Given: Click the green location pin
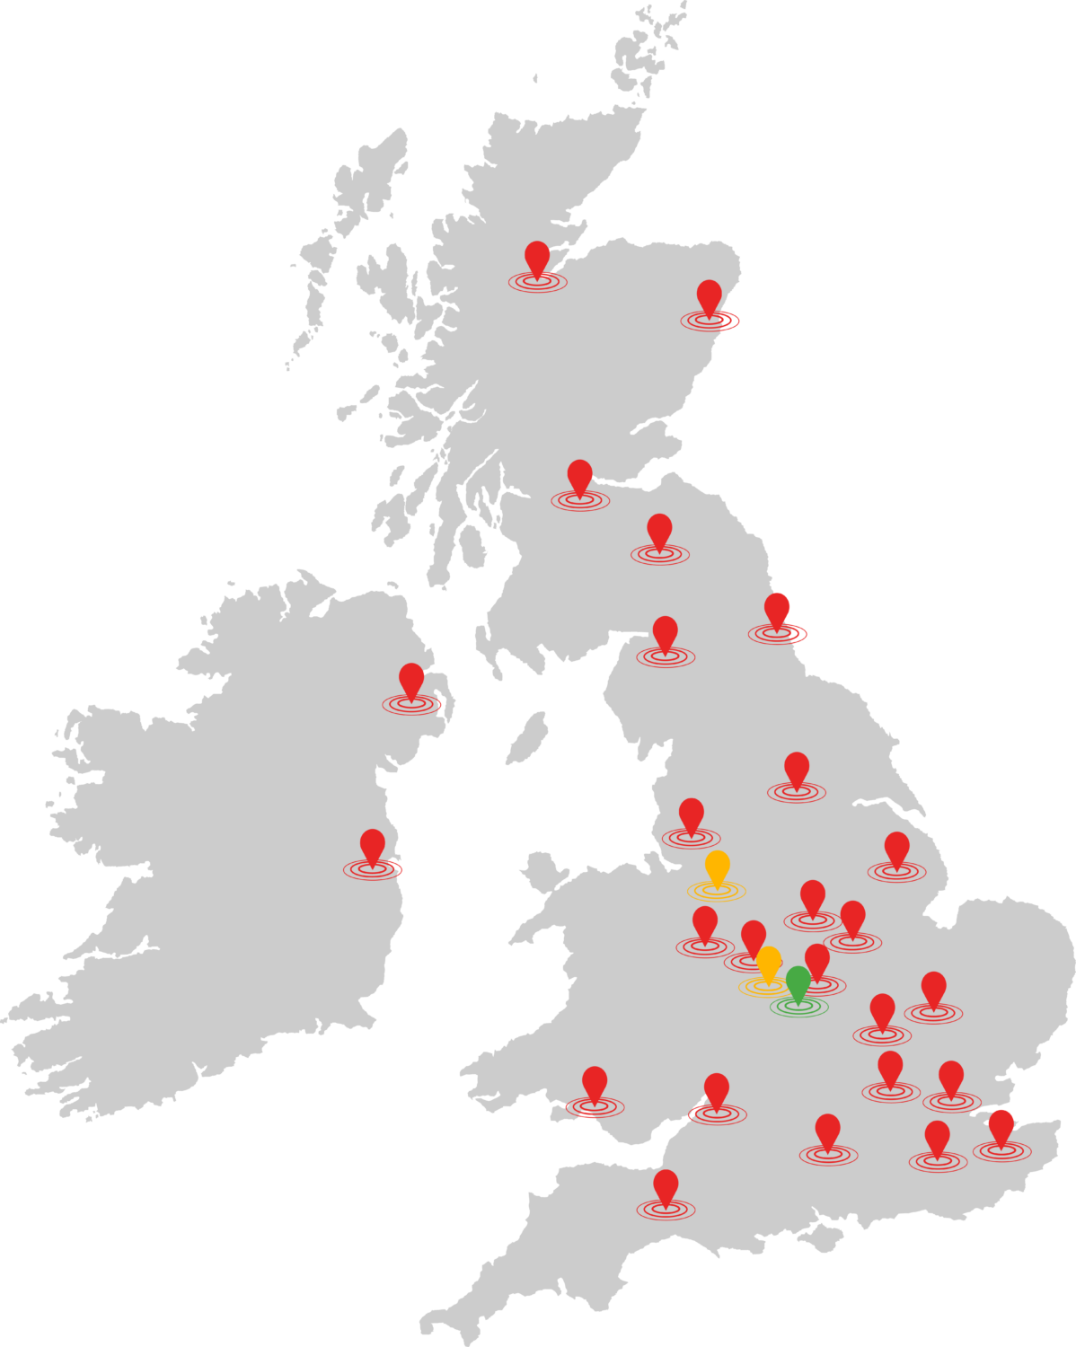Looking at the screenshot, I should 798,982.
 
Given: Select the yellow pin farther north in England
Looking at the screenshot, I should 717,867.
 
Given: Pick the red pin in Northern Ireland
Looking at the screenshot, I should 411,680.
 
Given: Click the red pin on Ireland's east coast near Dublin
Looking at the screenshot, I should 373,845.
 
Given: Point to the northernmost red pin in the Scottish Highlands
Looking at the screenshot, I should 537,257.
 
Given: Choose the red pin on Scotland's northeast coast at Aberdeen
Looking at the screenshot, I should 710,295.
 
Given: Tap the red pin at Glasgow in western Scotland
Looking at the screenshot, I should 580,476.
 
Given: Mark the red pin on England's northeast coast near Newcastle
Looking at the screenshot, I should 777,608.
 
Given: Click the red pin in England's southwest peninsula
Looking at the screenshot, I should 666,1185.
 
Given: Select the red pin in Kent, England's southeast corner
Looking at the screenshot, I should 1001,1125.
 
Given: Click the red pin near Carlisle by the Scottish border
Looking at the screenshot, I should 665,632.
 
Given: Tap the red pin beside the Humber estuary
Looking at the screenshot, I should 896,848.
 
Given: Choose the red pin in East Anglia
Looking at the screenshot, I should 934,988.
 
